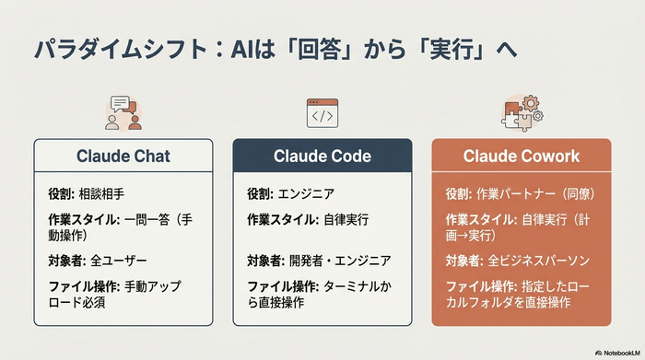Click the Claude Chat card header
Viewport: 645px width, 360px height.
pos(123,156)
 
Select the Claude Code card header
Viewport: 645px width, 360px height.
pos(322,156)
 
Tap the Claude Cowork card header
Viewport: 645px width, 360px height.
pos(522,156)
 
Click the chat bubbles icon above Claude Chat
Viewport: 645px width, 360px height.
pos(123,112)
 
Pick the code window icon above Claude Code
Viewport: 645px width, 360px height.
pos(322,112)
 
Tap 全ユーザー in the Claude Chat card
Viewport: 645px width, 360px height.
pos(119,261)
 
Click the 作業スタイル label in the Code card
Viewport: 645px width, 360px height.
pos(279,220)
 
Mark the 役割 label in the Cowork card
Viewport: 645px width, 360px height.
pos(457,194)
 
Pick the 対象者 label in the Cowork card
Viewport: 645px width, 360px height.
pos(463,261)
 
